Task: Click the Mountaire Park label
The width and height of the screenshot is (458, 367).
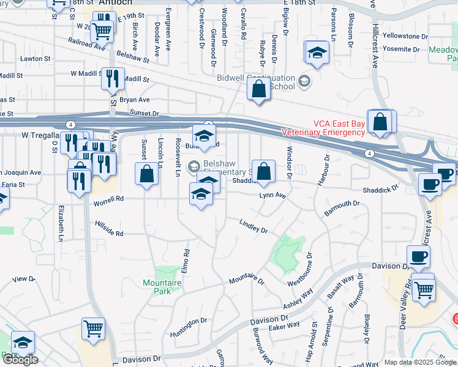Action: click(x=162, y=287)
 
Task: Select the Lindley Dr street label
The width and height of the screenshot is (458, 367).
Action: click(x=253, y=226)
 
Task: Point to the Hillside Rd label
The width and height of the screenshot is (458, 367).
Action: click(x=109, y=229)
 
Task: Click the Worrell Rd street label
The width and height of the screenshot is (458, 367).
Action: click(x=108, y=199)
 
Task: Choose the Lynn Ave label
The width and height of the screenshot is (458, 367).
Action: click(x=272, y=196)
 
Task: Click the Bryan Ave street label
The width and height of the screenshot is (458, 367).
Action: click(x=135, y=99)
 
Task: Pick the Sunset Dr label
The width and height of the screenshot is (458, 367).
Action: click(x=145, y=114)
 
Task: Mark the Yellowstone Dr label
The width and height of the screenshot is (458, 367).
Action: click(x=405, y=37)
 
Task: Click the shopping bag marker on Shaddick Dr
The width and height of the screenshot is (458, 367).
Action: click(x=263, y=172)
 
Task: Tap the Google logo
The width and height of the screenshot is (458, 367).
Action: click(x=20, y=360)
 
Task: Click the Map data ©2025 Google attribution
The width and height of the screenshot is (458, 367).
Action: click(x=420, y=362)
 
